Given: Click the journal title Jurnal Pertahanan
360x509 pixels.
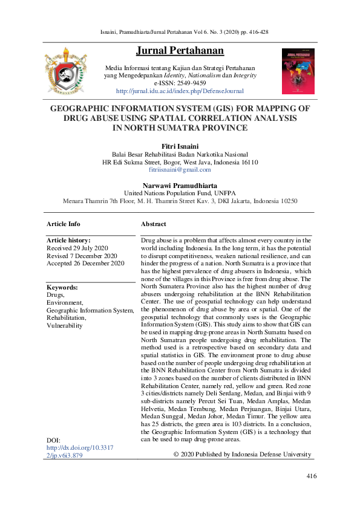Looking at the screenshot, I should (180, 50).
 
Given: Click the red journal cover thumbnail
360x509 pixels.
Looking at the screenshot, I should (298, 71).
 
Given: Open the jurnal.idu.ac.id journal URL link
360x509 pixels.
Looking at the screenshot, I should (180, 91).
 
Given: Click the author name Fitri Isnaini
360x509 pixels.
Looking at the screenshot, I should (180, 146).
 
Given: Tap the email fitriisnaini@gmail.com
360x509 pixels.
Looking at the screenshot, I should (180, 171).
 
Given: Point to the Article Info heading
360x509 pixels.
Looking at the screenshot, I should (64, 224).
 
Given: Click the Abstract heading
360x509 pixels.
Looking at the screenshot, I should (154, 224).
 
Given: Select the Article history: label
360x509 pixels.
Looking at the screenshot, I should (68, 240).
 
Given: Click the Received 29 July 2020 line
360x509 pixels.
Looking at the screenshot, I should (77, 248).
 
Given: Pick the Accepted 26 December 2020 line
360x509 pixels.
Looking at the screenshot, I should (85, 263).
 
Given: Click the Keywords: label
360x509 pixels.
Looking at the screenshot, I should (62, 287).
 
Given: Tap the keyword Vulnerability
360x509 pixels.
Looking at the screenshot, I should (64, 325).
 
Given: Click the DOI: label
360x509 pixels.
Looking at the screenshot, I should (54, 439).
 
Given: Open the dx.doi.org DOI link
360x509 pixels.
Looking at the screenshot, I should (79, 452).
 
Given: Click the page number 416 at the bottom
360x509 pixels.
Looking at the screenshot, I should (312, 476).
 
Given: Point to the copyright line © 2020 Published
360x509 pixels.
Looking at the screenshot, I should (242, 455).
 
